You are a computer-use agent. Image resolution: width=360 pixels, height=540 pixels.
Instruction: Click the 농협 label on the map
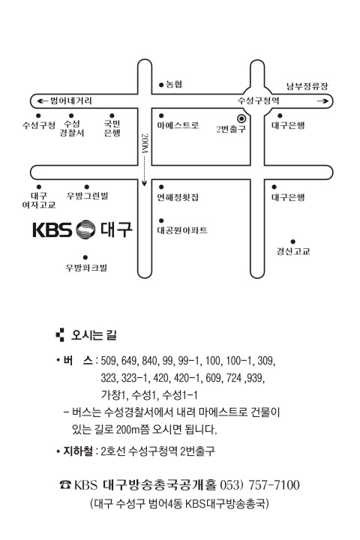174,84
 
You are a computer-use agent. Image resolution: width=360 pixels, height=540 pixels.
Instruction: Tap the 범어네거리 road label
71,100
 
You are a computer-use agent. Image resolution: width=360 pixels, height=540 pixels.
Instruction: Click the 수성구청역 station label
258,100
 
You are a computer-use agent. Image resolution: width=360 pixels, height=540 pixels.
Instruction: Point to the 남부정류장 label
307,86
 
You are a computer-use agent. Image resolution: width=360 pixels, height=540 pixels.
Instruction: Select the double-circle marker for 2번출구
241,118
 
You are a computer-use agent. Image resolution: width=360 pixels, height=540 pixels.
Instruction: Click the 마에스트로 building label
178,125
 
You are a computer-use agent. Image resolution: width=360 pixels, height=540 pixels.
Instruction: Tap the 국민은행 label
112,128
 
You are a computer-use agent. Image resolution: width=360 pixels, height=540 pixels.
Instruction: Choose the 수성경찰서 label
72,128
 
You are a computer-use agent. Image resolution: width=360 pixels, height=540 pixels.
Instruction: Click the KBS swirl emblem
85,229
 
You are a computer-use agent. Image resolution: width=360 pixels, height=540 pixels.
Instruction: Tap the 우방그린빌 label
88,196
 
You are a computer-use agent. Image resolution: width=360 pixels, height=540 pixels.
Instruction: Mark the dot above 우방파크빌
85,257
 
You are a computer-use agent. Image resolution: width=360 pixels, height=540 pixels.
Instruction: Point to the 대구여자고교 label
38,200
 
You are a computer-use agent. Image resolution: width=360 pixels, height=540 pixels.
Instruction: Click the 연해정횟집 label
178,197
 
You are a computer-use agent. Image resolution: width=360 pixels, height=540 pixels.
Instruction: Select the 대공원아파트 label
182,230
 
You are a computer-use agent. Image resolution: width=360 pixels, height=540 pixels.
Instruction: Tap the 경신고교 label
292,251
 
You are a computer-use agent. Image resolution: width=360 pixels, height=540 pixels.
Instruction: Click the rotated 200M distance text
145,143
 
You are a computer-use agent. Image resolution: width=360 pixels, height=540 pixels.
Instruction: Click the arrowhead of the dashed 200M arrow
144,184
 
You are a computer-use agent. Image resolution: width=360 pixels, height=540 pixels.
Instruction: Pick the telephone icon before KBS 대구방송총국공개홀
64,485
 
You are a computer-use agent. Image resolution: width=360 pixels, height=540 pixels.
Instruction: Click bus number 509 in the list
109,361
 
